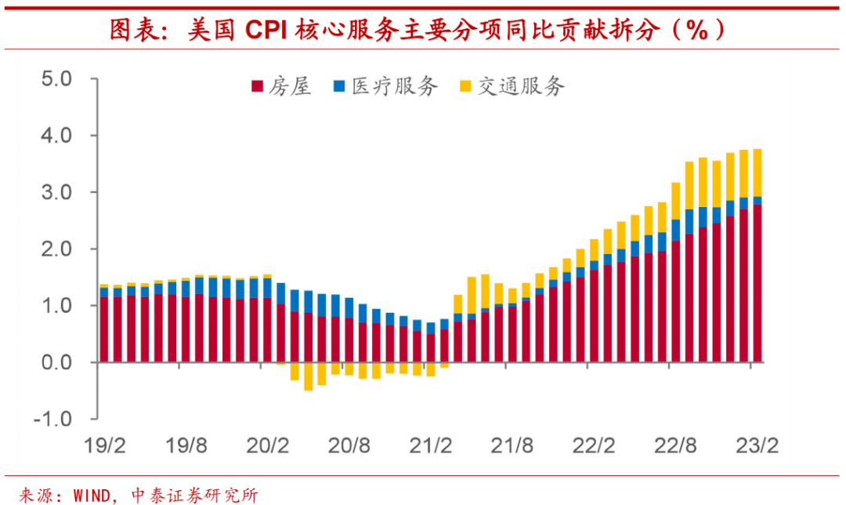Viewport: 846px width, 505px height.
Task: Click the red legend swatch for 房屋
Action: click(x=256, y=86)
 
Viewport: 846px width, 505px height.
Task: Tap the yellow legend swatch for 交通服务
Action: click(x=465, y=86)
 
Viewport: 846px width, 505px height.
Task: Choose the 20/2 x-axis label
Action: click(x=268, y=447)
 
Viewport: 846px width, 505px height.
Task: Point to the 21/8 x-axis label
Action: click(x=512, y=447)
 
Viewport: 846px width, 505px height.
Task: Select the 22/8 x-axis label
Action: click(x=675, y=447)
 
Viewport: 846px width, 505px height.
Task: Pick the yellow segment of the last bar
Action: click(x=757, y=173)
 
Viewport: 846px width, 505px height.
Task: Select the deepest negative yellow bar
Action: click(x=308, y=376)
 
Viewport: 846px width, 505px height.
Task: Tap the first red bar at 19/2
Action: click(x=104, y=329)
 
